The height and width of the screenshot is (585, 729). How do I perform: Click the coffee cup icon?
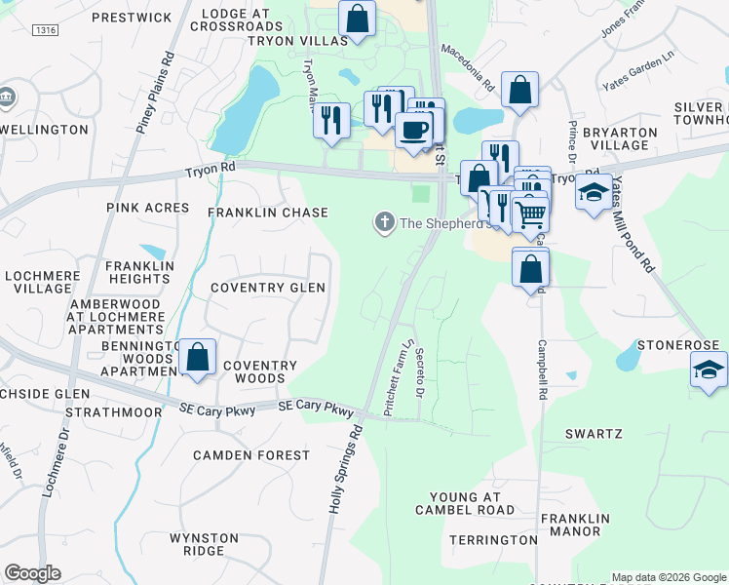coord(414,130)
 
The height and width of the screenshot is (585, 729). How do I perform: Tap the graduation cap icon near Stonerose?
coord(709,370)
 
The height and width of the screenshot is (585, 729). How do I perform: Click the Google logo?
coord(32,573)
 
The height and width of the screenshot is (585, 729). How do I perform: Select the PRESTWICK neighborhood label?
coord(131,18)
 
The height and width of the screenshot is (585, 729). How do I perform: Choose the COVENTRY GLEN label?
coord(268,289)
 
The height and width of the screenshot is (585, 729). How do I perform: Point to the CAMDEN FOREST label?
coord(251,455)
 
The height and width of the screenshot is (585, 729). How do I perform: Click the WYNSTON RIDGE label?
coord(204,544)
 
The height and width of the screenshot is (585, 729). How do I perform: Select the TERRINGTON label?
coord(493,539)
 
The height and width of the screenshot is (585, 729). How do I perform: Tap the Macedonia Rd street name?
coord(468,67)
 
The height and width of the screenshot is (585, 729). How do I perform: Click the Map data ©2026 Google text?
coord(668,576)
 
